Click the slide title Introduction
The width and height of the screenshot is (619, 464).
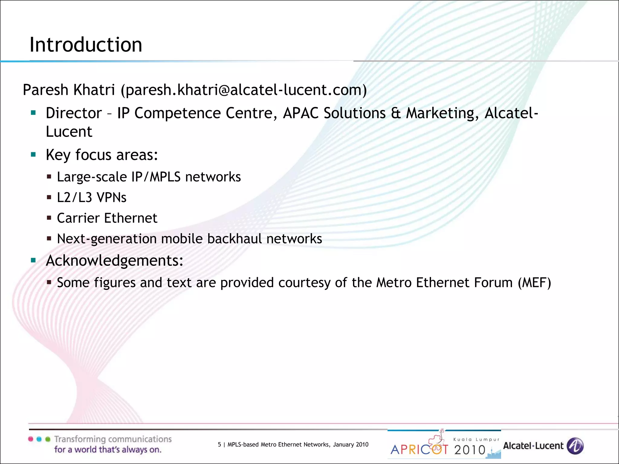tap(86, 45)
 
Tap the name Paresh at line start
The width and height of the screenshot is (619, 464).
tap(46, 90)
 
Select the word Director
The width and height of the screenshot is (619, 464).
tap(74, 113)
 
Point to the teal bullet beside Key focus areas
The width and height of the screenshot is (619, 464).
tap(33, 155)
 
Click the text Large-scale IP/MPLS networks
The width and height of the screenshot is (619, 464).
tap(149, 177)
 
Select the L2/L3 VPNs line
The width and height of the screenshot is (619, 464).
tap(92, 198)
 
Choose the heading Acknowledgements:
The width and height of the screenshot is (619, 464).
tap(115, 260)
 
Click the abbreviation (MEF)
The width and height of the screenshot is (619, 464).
tap(534, 283)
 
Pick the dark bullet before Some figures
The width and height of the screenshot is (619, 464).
tap(49, 283)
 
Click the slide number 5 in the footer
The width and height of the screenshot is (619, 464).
tap(219, 445)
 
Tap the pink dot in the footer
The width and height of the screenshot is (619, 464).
tap(31, 439)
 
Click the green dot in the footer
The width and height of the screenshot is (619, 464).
tap(47, 439)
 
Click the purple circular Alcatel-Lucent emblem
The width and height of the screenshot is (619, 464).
tap(575, 446)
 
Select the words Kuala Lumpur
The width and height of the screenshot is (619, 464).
tap(476, 440)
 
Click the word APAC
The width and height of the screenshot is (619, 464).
tap(301, 113)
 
